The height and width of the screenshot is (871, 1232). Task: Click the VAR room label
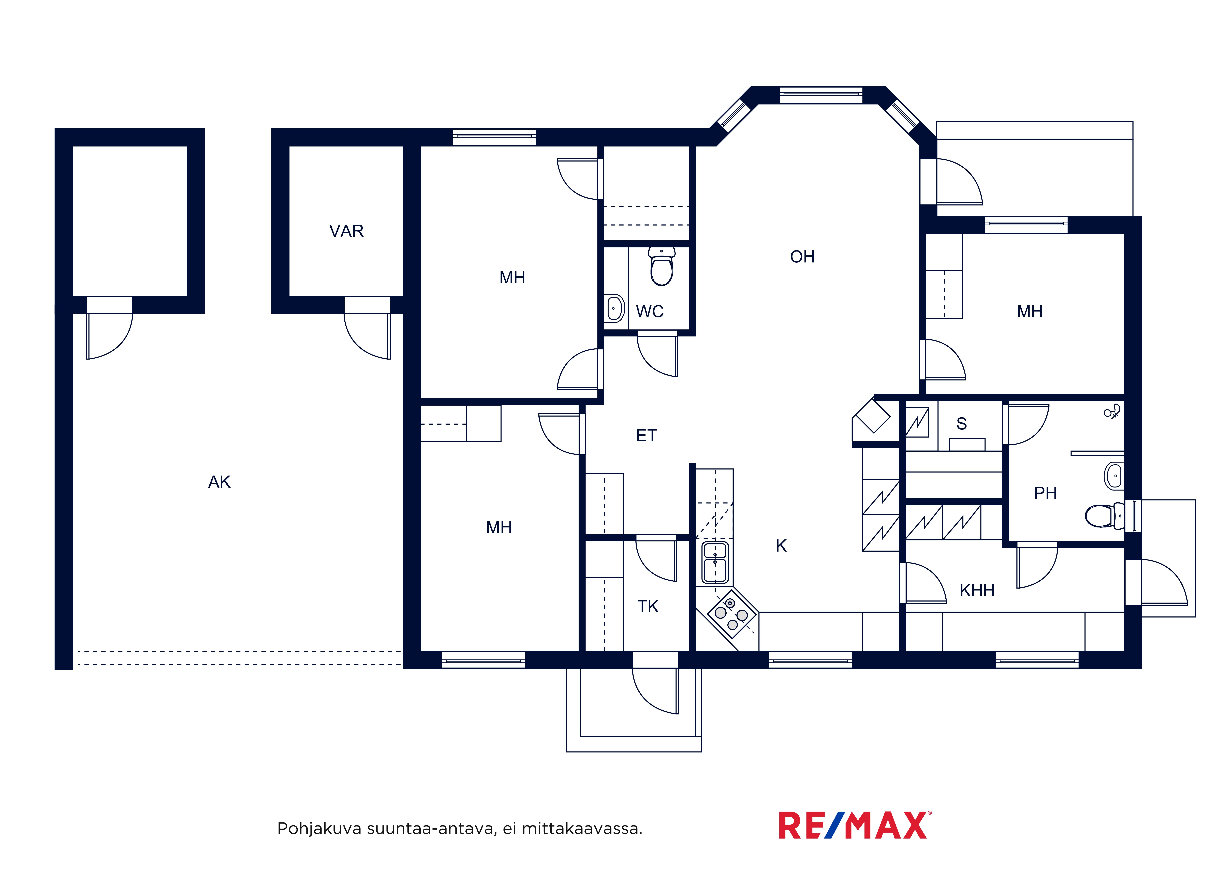[x=346, y=231]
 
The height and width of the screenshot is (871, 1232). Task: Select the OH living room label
[x=802, y=257]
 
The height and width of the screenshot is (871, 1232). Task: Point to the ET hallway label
[x=646, y=436]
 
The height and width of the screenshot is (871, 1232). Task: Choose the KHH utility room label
[x=977, y=591]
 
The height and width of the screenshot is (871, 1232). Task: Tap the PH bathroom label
[x=1045, y=493]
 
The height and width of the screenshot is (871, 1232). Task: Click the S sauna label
[x=962, y=424]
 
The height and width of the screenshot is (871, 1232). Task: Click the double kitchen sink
[x=715, y=562]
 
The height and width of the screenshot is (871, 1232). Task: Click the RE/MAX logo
[x=855, y=825]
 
